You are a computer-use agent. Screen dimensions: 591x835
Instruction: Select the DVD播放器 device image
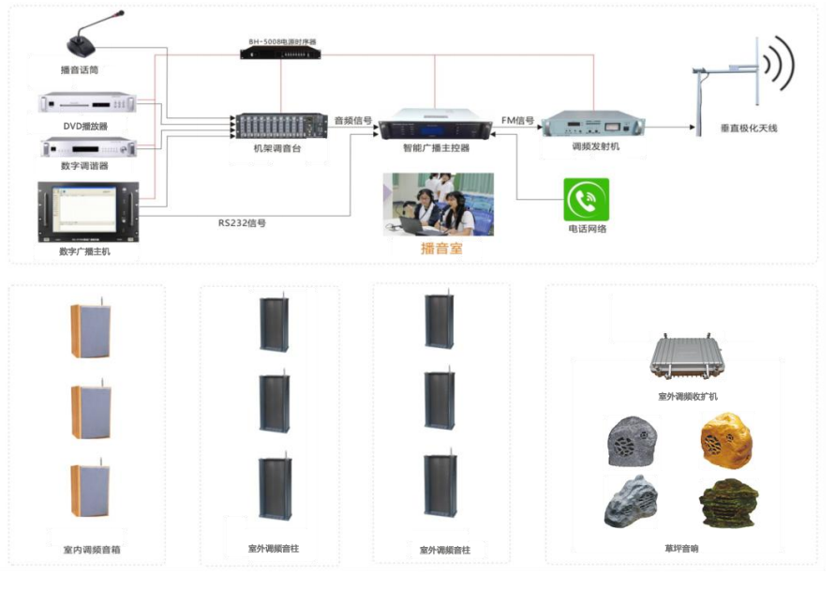[x=87, y=104]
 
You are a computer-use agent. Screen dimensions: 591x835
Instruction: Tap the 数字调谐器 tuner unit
[x=87, y=147]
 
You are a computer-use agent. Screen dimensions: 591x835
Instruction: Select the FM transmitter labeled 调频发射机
[x=595, y=123]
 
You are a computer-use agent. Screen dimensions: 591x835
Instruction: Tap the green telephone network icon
[x=586, y=199]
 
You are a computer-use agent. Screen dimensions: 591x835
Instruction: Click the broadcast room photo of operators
[x=438, y=204]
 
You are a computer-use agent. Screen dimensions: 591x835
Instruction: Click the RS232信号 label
[x=242, y=223]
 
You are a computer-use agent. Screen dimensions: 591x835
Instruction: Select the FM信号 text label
[x=518, y=120]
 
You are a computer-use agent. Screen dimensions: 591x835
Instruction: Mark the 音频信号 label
[x=353, y=120]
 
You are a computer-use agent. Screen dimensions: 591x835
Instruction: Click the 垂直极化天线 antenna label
[x=749, y=127]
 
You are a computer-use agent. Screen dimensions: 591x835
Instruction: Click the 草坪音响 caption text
[x=681, y=548]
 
